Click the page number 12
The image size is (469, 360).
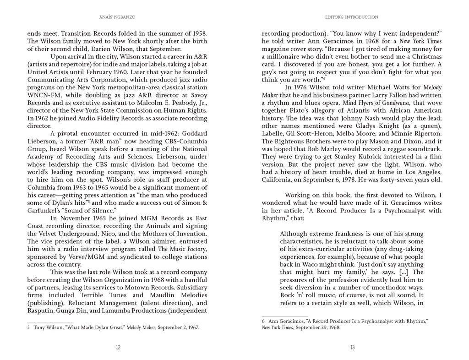click(118, 347)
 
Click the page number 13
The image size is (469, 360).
click(352, 347)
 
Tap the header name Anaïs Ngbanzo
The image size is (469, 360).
click(117, 17)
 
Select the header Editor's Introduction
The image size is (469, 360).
click(351, 17)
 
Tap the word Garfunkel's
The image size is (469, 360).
click(46, 210)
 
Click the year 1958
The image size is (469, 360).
click(197, 34)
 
